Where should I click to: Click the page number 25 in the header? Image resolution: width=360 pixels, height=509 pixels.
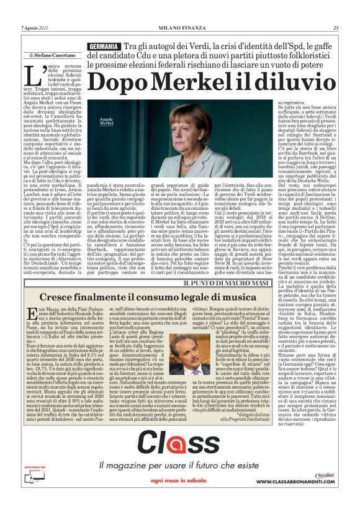336,28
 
